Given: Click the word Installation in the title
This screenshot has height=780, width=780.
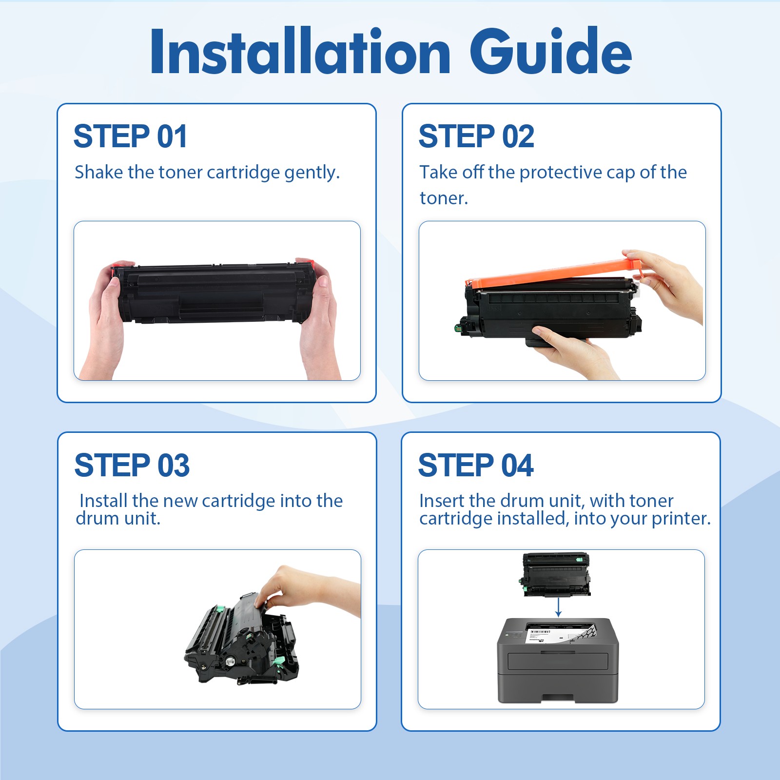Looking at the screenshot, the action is pyautogui.click(x=300, y=51).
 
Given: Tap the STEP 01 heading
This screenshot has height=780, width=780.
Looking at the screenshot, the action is pyautogui.click(x=130, y=136).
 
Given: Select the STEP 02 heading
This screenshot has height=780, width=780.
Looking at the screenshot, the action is pyautogui.click(x=476, y=136).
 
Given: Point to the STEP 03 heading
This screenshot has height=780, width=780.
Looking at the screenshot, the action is pyautogui.click(x=132, y=465).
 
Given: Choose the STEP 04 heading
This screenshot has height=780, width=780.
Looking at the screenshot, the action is pyautogui.click(x=476, y=465).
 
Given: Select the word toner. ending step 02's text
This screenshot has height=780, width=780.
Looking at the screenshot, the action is pyautogui.click(x=444, y=198).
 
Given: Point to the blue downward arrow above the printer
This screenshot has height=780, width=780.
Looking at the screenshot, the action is pyautogui.click(x=559, y=607).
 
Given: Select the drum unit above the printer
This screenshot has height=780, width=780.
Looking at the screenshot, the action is pyautogui.click(x=555, y=575).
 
